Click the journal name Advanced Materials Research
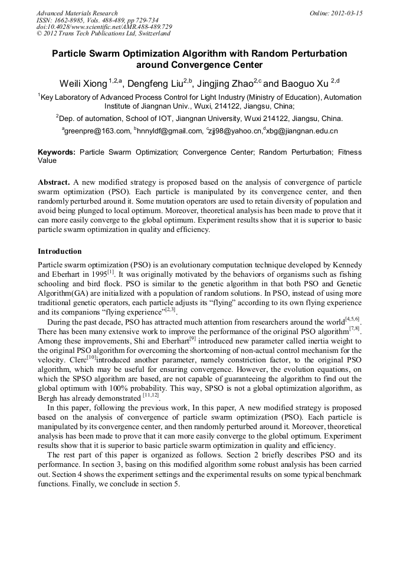coord(77,13)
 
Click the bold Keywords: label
coord(57,152)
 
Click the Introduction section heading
coord(60,251)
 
